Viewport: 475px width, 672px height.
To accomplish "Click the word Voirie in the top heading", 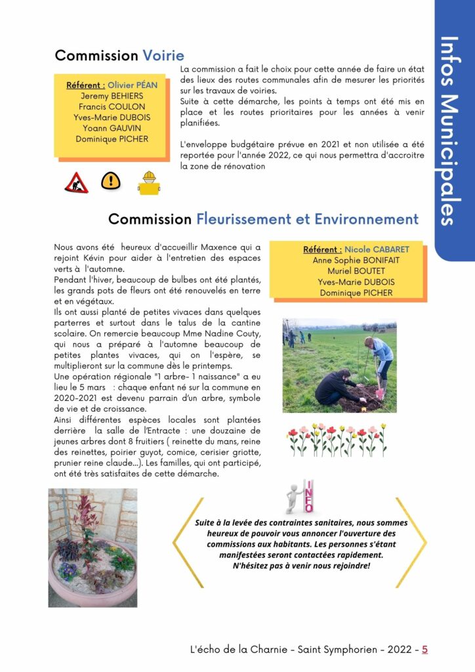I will click(163, 55).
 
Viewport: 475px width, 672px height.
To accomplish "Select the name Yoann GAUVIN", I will click(112, 128).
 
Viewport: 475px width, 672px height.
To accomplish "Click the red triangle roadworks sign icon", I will click(76, 182).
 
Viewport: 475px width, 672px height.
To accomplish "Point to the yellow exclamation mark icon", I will click(110, 180).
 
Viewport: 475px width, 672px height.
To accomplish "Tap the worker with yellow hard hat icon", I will click(149, 182).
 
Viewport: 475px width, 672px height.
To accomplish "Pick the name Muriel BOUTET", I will click(348, 271).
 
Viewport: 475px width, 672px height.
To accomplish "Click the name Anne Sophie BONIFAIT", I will click(348, 261).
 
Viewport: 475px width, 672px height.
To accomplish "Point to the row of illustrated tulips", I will click(337, 440).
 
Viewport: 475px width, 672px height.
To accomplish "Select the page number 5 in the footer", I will click(424, 650).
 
